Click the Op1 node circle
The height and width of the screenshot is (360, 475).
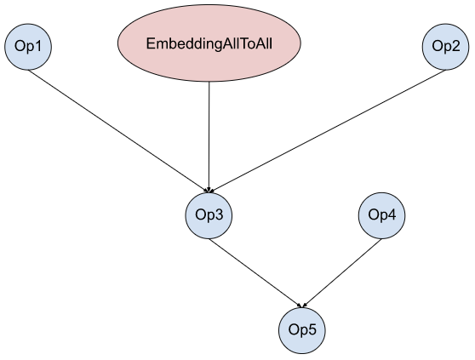28,47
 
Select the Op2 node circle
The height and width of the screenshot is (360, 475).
445,47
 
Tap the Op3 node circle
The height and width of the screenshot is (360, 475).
209,215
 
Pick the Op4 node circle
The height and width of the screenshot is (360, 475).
381,215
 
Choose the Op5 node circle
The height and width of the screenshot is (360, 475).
302,330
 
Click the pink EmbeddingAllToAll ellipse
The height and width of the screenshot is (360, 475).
209,43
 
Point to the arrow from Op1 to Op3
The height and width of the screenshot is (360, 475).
118,131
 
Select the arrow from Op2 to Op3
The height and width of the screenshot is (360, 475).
327,131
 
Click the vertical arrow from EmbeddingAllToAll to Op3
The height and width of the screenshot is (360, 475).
209,137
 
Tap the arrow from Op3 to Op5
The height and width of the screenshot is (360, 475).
255,273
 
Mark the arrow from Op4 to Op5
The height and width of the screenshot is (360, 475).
342,273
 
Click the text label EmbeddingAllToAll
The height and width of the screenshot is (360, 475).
209,44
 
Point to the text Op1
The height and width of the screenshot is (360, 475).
28,47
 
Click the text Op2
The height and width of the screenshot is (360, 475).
445,47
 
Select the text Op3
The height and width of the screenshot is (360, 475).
209,215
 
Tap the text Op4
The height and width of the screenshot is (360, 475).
381,215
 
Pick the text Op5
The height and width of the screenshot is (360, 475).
302,329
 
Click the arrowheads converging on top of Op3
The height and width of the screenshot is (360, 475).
209,190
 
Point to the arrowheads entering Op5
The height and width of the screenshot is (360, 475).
302,306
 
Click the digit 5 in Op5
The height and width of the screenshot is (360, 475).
312,329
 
